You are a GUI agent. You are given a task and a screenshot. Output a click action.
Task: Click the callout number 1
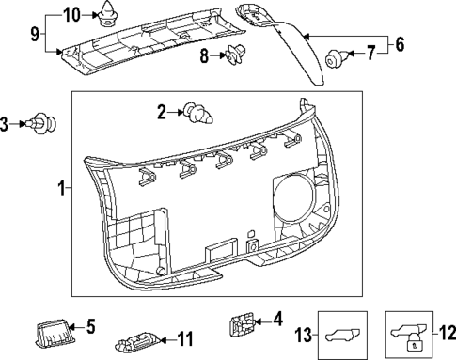pyautogui.click(x=61, y=188)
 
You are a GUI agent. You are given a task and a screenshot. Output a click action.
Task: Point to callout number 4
pyautogui.click(x=277, y=321)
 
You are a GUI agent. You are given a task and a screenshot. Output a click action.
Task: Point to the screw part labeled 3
pyautogui.click(x=46, y=122)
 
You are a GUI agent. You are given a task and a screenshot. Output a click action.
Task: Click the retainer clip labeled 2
pyautogui.click(x=198, y=113)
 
